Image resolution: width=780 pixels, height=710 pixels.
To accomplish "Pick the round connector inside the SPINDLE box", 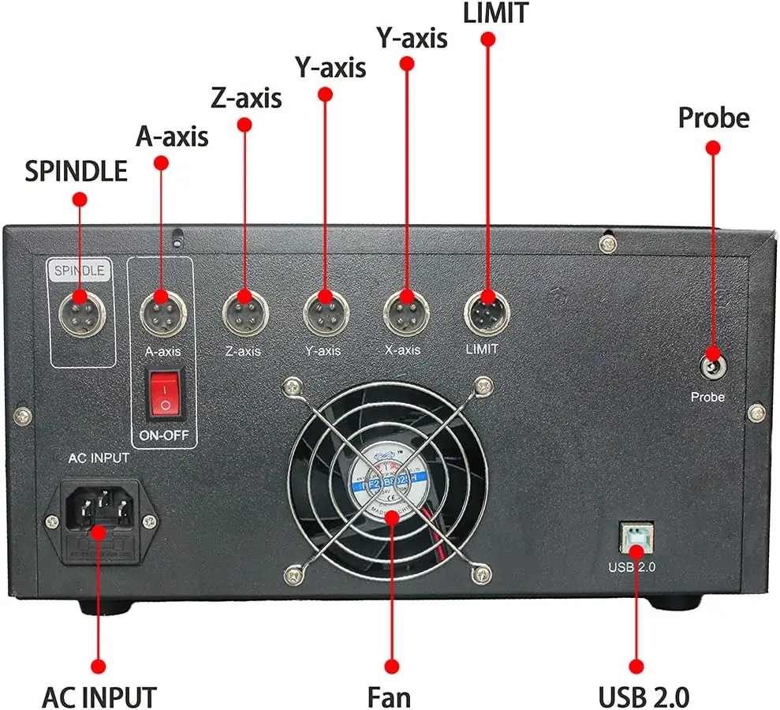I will (x=80, y=309).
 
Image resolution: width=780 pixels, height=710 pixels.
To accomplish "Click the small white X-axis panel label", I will (x=402, y=349).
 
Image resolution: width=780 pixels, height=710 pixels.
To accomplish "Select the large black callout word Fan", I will (x=389, y=697).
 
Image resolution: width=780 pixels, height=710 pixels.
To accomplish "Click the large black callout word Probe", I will (x=713, y=118).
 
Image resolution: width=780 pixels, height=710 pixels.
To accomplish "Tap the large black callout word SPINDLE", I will (x=76, y=171).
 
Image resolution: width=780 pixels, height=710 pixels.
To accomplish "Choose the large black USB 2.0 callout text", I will (x=644, y=697).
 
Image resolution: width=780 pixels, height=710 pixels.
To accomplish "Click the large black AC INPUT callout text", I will (x=99, y=697).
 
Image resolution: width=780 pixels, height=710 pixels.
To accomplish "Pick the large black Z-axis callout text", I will (x=246, y=99).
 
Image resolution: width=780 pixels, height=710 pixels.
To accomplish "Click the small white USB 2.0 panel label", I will (x=633, y=566).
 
